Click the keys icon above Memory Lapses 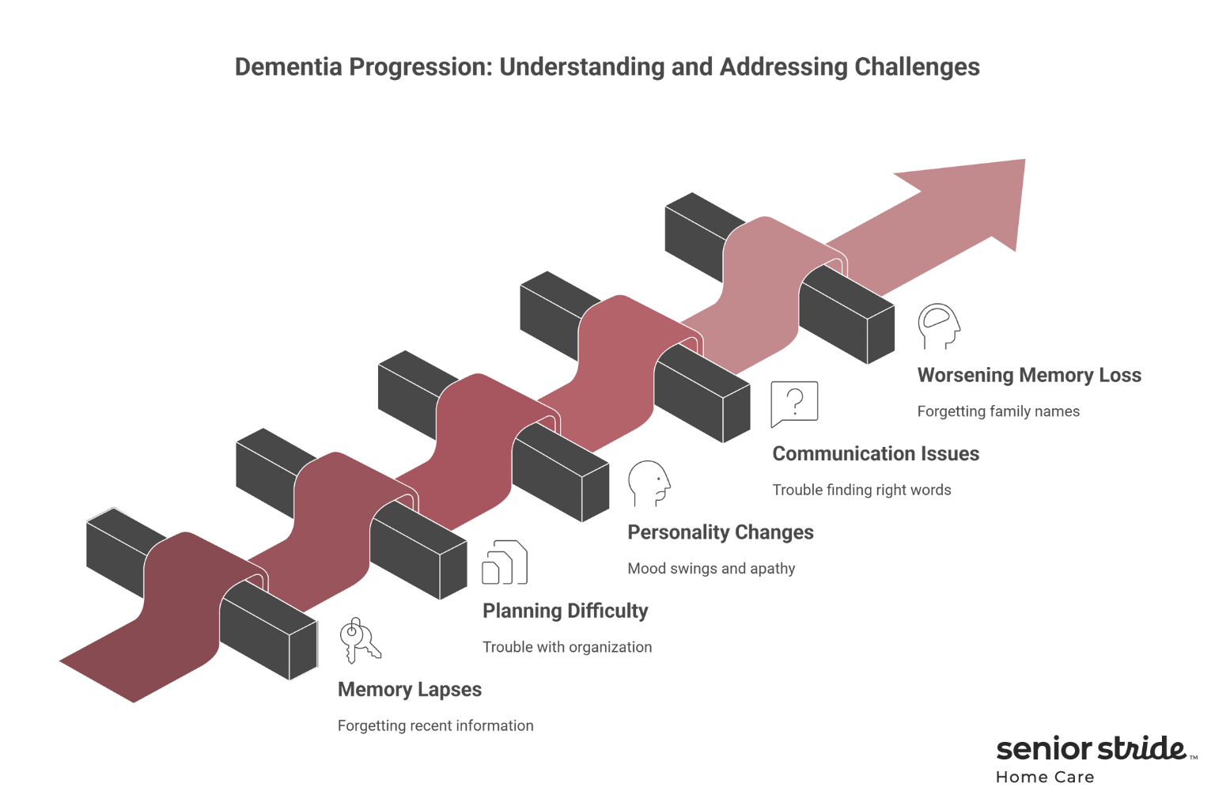coord(360,640)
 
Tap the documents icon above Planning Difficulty coord(505,562)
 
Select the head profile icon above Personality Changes coord(649,483)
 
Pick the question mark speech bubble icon coord(794,403)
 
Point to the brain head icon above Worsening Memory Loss coord(939,326)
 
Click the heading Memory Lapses coord(410,690)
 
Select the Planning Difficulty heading coord(565,611)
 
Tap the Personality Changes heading coord(721,532)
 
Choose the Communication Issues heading coord(876,454)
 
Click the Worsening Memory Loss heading coord(1029,376)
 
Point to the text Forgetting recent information coord(435,726)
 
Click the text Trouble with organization coord(567,647)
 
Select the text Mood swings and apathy coord(711,569)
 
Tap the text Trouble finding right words coord(861,490)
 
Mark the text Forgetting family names coord(998,411)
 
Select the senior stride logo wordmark coord(1092,748)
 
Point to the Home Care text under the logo coord(1045,778)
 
